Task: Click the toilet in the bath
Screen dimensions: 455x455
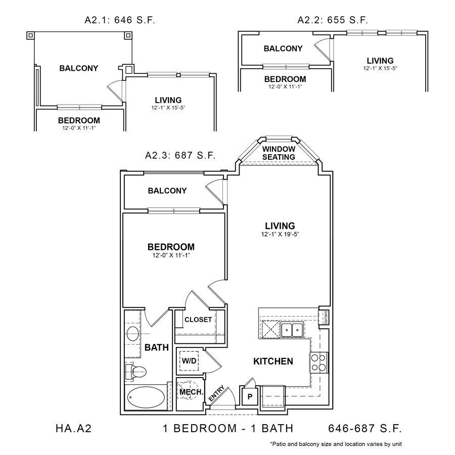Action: coord(136,372)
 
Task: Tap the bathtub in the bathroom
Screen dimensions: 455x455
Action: coord(146,397)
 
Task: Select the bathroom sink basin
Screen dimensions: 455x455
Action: coord(133,334)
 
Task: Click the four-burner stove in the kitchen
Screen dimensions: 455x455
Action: coord(318,362)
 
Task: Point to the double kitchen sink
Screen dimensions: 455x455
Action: coord(292,330)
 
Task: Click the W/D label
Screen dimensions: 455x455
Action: coord(189,360)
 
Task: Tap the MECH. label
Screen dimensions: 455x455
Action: coord(191,392)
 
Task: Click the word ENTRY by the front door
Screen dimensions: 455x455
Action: coord(216,393)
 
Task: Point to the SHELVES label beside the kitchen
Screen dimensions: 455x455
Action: coord(326,317)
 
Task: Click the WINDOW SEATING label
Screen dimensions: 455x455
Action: coord(279,153)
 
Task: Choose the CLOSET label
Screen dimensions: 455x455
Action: coord(198,320)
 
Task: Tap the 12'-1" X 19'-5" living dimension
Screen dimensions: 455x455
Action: coord(280,234)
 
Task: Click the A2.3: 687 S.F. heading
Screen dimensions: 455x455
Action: coord(180,155)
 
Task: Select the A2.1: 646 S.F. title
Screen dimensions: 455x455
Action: coord(120,20)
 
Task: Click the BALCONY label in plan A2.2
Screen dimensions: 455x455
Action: coord(283,49)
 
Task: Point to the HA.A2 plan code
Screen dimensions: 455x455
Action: coord(73,428)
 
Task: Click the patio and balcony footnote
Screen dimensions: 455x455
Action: coord(336,444)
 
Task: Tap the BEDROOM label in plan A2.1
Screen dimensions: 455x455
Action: coord(79,120)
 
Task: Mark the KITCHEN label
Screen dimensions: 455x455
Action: coord(273,361)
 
